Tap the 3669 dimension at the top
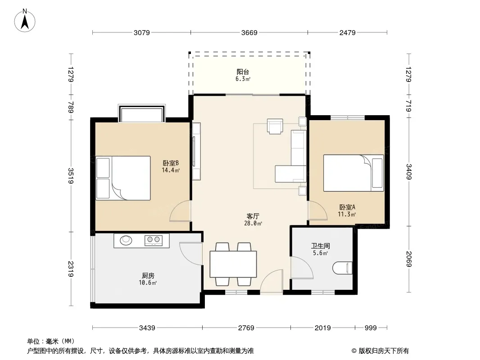[x=249, y=33]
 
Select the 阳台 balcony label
[x=243, y=72]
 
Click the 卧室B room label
[x=171, y=163]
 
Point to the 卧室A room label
[x=347, y=207]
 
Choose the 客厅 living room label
[x=253, y=216]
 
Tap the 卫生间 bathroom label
[x=321, y=246]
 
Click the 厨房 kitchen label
[x=148, y=275]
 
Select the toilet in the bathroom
[x=342, y=268]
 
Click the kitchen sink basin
[x=126, y=240]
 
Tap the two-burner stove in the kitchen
[x=154, y=240]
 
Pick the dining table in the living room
[x=233, y=264]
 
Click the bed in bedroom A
[x=353, y=173]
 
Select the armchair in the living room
[x=275, y=126]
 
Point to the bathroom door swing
[x=302, y=268]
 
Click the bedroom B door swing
[x=181, y=211]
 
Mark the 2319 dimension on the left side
[x=71, y=269]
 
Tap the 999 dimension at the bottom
[x=371, y=328]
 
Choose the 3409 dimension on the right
[x=409, y=172]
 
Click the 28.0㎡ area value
[x=253, y=223]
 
